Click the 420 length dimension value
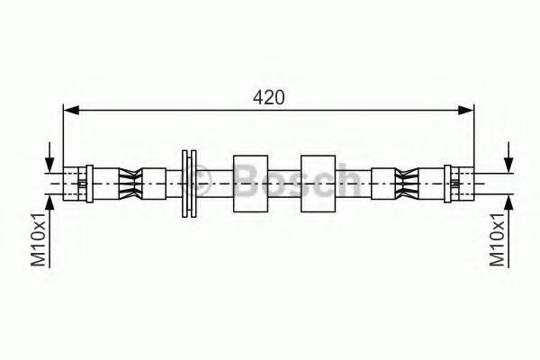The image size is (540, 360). (269, 97)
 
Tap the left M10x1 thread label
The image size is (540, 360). (38, 239)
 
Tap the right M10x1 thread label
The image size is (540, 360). (498, 239)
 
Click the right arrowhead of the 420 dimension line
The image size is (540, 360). (465, 110)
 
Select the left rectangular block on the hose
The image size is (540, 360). (251, 184)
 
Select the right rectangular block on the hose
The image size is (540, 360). (319, 184)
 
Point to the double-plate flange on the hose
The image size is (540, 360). (189, 184)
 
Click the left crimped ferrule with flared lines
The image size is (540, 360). (130, 184)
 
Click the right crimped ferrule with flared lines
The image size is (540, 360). (407, 184)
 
